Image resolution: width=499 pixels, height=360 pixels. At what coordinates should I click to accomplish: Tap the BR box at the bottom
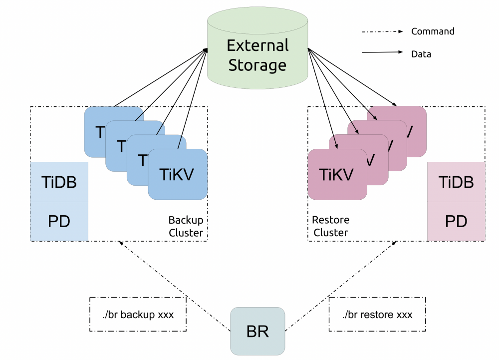[x=257, y=331]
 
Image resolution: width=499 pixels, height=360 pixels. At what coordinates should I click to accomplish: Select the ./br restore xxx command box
[x=377, y=315]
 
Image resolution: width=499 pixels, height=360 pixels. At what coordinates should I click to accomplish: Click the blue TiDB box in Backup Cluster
[x=59, y=182]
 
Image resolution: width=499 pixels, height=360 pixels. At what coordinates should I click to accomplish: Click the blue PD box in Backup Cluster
[x=59, y=221]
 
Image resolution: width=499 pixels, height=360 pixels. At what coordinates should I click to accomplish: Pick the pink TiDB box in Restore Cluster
[x=456, y=182]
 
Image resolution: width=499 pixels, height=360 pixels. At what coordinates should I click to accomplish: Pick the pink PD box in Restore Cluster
[x=456, y=221]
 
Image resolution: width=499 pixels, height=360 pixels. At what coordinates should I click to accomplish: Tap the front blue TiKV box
[x=178, y=174]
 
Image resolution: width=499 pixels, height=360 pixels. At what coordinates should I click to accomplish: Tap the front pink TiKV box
[x=337, y=174]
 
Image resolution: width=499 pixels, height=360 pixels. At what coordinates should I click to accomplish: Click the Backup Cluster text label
[x=186, y=226]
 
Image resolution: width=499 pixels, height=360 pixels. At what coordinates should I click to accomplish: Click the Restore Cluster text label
[x=330, y=226]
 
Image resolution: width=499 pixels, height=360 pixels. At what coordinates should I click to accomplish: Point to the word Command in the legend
[x=433, y=31]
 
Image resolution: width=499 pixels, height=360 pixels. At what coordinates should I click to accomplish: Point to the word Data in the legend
[x=421, y=54]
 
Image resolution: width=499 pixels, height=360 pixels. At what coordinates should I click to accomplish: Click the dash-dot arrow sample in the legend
[x=382, y=31]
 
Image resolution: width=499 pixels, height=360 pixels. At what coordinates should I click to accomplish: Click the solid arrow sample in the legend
[x=382, y=52]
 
